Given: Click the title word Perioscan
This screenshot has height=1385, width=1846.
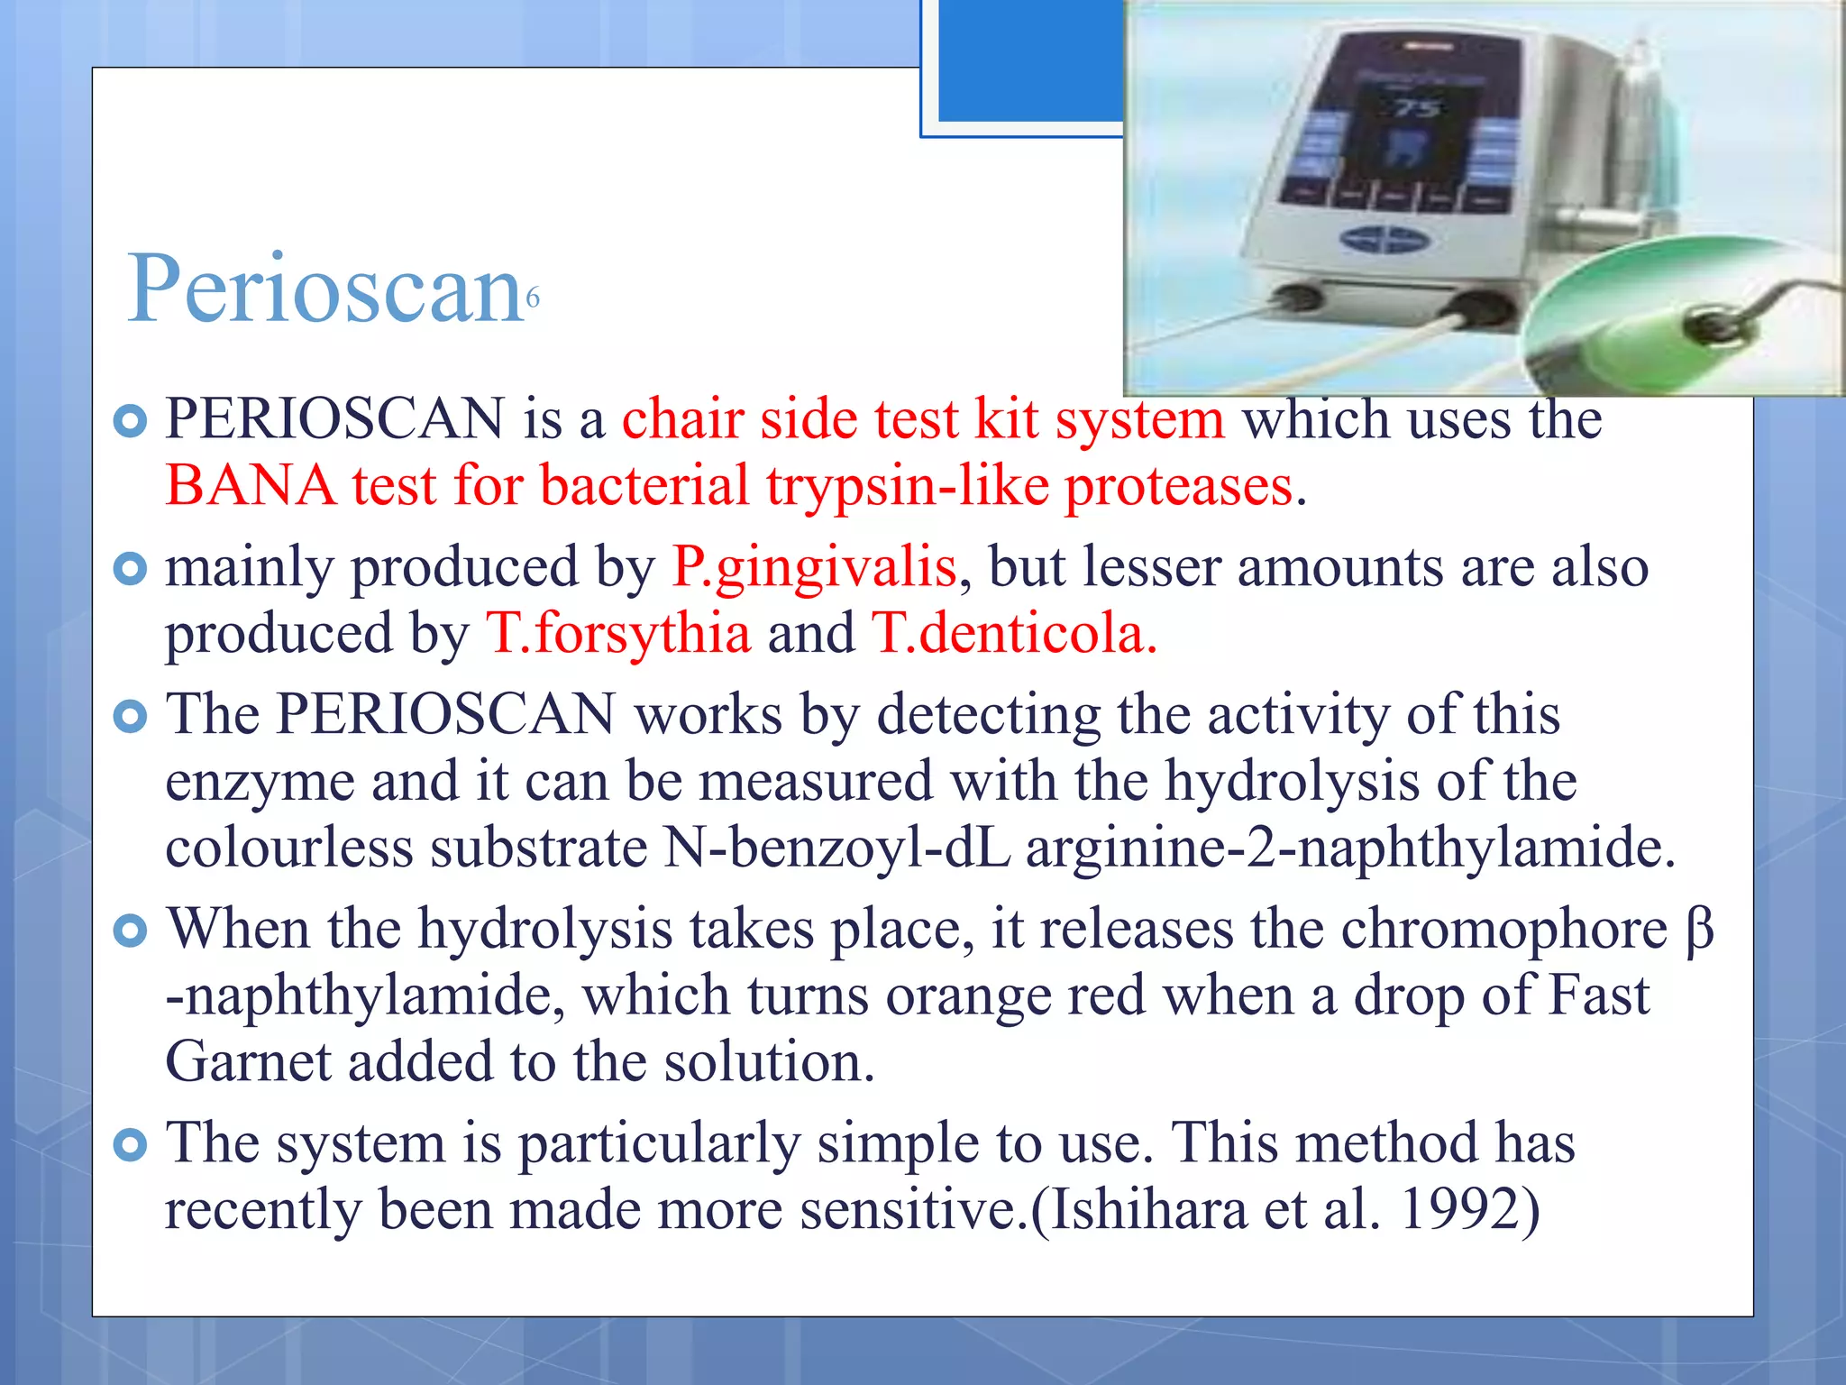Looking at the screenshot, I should tap(324, 289).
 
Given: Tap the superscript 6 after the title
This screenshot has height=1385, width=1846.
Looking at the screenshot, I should tap(533, 298).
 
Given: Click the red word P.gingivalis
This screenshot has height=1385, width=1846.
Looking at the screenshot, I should tap(814, 568).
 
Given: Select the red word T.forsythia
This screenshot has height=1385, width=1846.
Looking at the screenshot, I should tap(618, 634).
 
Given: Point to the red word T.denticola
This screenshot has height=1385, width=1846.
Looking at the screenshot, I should tap(1013, 634).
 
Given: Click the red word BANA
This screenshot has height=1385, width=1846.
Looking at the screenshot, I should tap(251, 486).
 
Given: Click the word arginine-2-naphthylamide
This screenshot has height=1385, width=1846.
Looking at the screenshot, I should tap(1349, 848).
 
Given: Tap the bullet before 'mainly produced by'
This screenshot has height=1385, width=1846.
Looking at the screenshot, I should tap(132, 569).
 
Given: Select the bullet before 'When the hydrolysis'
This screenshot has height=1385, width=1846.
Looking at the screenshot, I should tap(132, 931).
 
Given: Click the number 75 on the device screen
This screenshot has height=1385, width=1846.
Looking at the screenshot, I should tap(1417, 109).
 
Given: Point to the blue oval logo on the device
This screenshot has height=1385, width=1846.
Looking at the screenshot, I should tap(1386, 240).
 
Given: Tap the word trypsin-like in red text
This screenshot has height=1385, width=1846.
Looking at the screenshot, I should tap(908, 486).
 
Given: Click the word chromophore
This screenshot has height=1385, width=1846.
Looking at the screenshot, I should tap(1503, 929).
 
